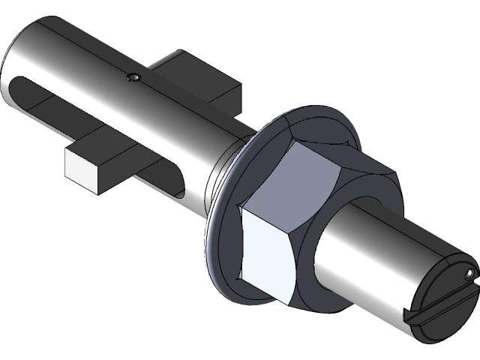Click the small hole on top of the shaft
(x=133, y=77)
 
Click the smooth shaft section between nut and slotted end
(x=375, y=247)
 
